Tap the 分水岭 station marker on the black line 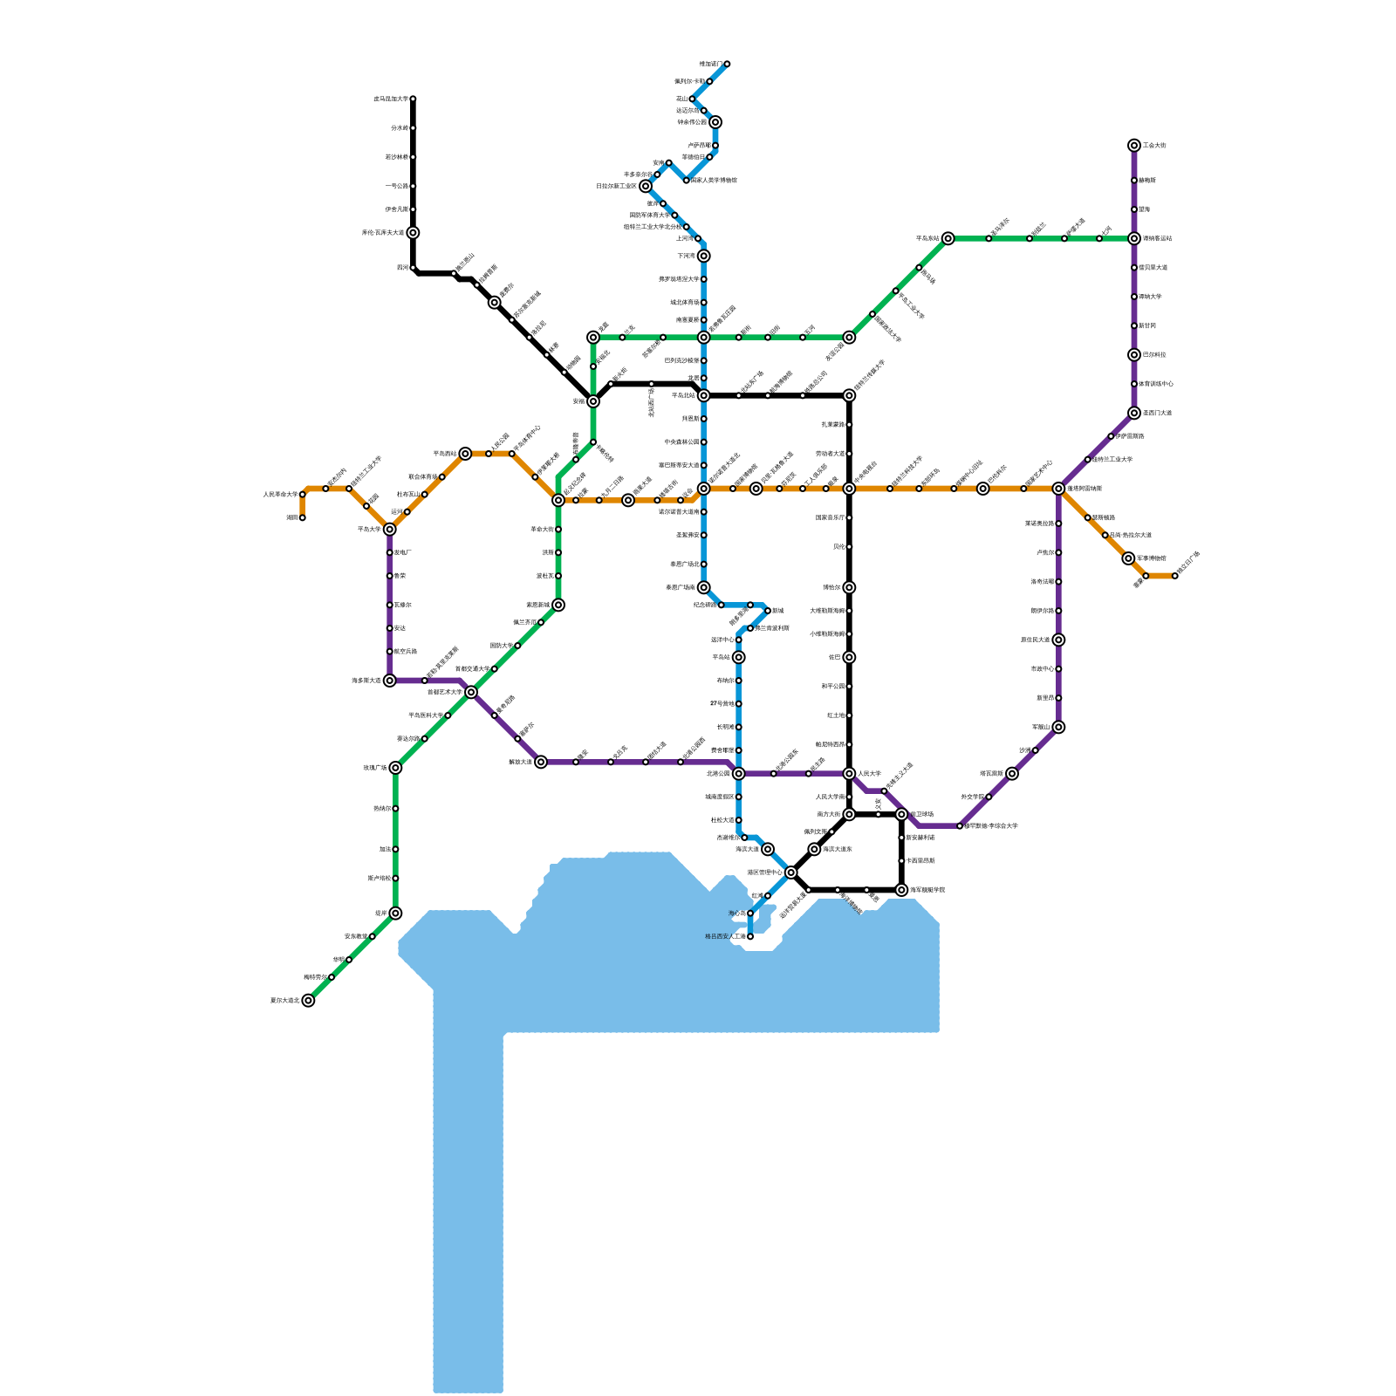(413, 128)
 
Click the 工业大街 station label (1154, 146)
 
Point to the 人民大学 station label (869, 774)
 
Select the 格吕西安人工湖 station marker (750, 936)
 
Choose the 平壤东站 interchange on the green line (948, 238)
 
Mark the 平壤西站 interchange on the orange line (465, 454)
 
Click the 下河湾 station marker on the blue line (704, 256)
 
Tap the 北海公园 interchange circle (739, 774)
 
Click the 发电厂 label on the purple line (402, 552)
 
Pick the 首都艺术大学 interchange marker (471, 692)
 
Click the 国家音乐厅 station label (830, 517)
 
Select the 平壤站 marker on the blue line (739, 657)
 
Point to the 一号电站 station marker (413, 186)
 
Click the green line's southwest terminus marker (308, 1001)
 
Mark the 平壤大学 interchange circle (390, 530)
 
